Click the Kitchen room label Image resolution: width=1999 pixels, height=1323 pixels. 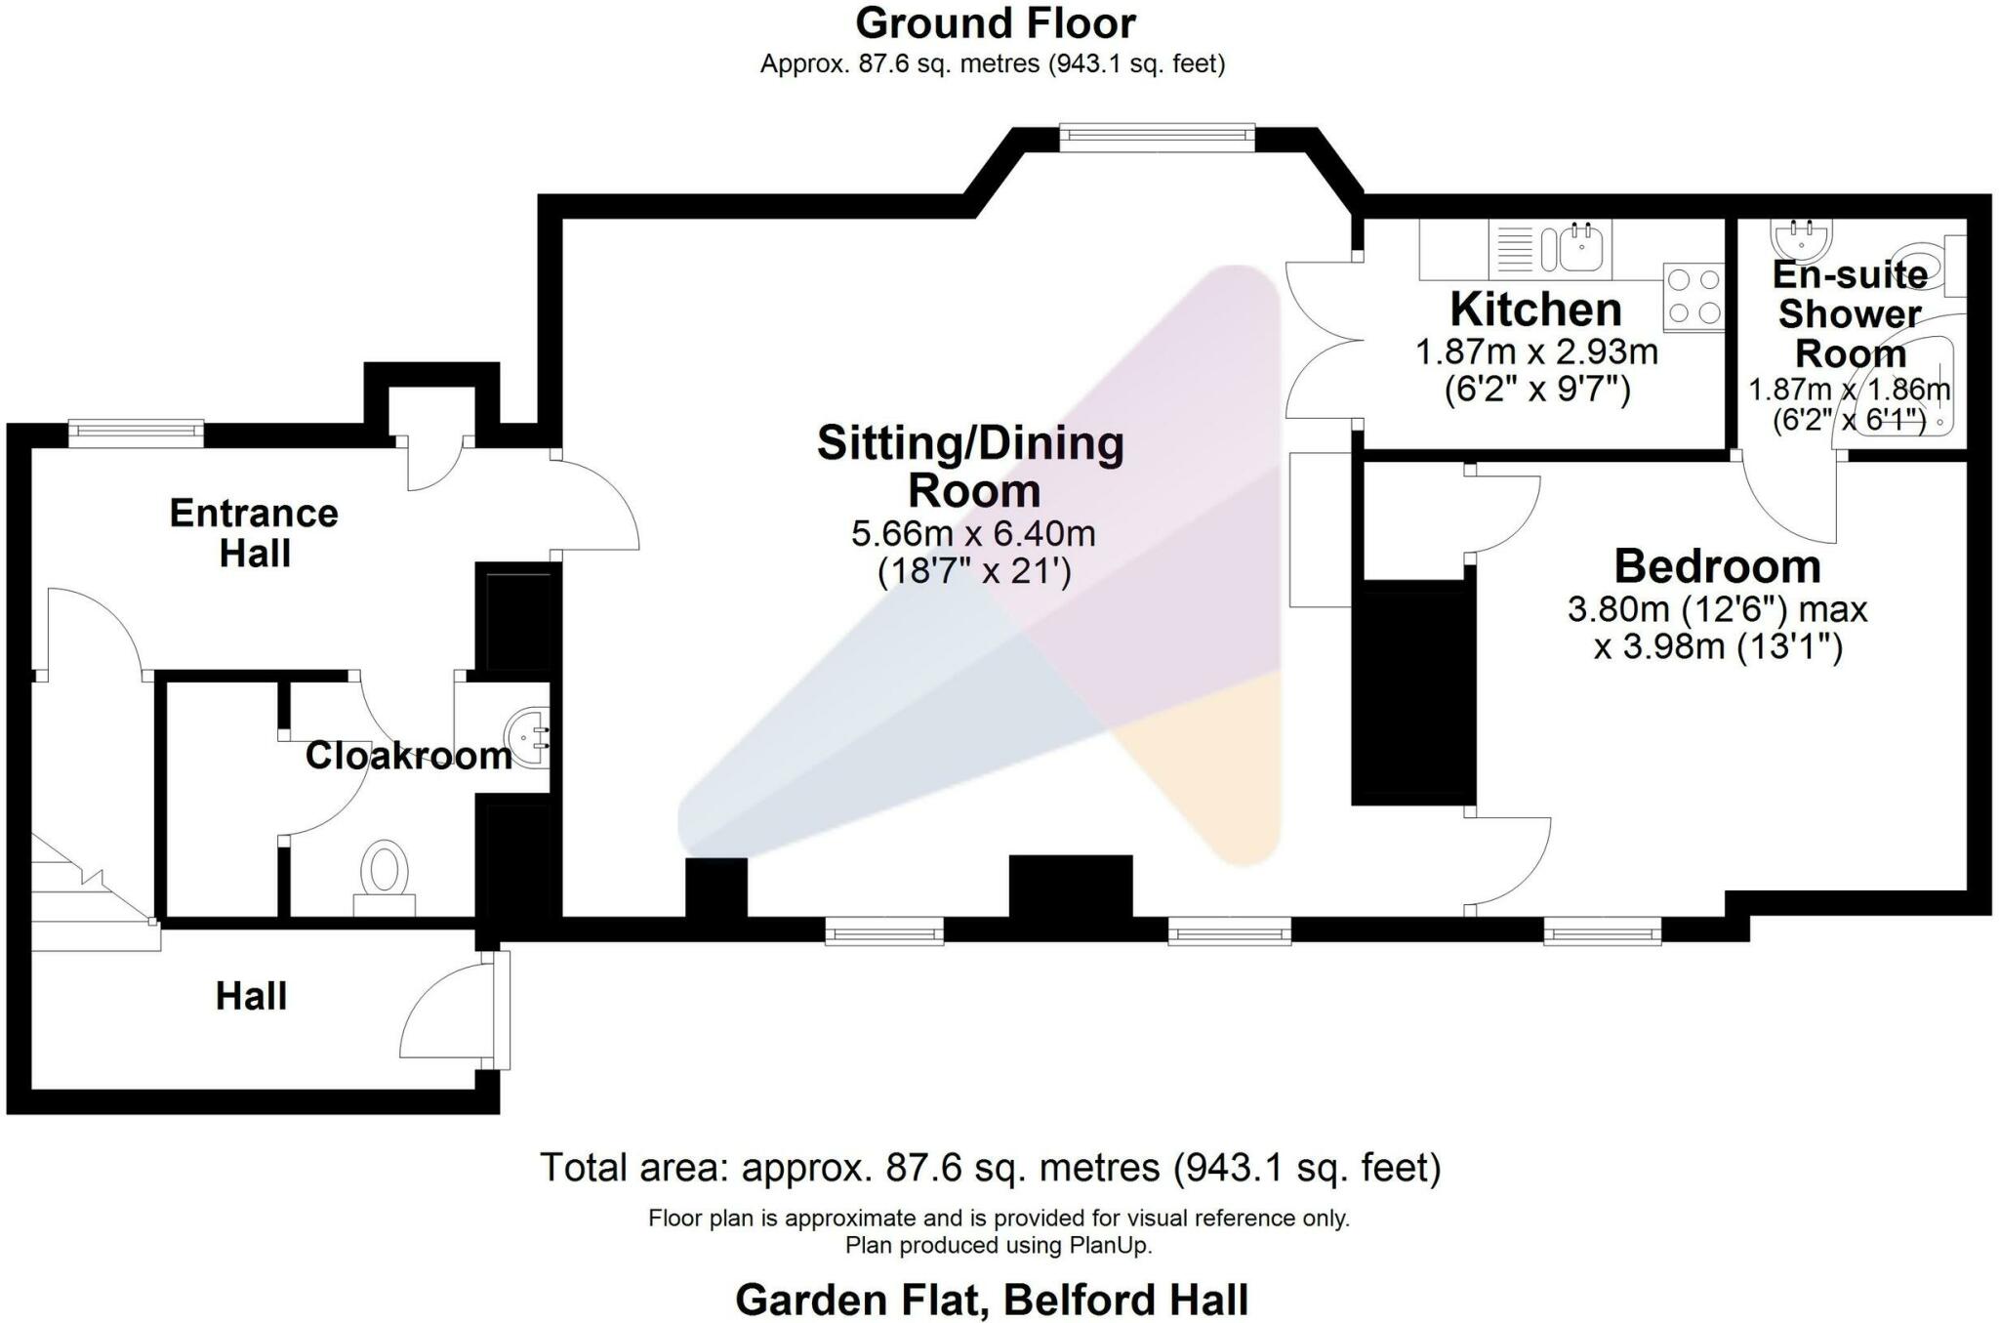point(1535,310)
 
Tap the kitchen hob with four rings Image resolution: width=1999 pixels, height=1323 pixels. point(1693,297)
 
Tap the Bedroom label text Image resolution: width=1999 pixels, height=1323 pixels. point(1717,566)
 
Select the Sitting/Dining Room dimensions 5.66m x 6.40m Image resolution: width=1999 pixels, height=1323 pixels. point(973,534)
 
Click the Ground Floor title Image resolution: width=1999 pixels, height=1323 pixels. point(995,23)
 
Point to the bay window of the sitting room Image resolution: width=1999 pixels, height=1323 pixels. point(1157,138)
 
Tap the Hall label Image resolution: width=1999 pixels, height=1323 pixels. point(251,996)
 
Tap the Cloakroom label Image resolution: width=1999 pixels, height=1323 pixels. point(408,756)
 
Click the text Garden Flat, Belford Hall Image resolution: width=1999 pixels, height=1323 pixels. point(991,1301)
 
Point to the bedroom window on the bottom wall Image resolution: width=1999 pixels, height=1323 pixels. point(1602,932)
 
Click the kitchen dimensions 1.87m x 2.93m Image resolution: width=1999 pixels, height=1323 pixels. point(1536,351)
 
